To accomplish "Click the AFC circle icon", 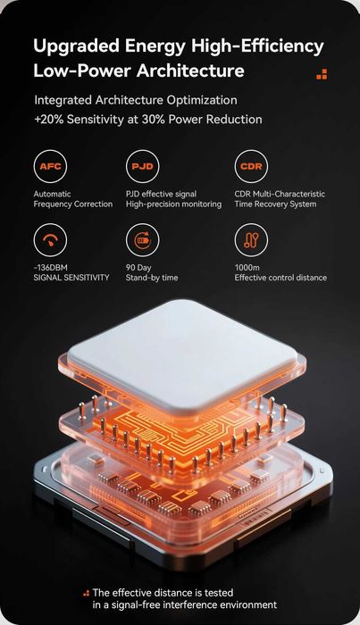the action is (x=50, y=166).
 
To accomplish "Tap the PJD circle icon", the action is (x=142, y=166).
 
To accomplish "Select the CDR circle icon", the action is (x=251, y=166).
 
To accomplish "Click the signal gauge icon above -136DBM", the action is (x=50, y=240).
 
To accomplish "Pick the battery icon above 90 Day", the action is (x=142, y=240).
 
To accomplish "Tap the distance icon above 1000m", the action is (x=251, y=240).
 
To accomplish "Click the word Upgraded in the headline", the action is (x=76, y=47).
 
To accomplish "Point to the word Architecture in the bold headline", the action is (x=190, y=71).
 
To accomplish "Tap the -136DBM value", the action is (x=50, y=268).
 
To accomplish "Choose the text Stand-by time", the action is (x=152, y=278).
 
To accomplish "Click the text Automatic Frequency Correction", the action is (x=73, y=199).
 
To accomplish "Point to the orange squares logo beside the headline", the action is (x=322, y=74).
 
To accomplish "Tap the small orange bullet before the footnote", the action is (x=86, y=593).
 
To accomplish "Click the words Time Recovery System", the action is (x=275, y=204).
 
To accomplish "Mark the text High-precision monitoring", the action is (x=174, y=204).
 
